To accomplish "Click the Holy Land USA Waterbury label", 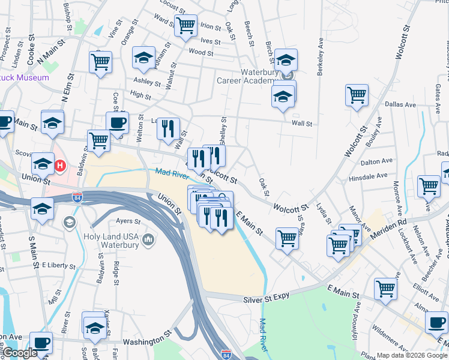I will point(110,241).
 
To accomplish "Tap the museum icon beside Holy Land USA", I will point(148,241).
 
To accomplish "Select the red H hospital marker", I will point(60,165).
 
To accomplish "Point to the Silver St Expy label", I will point(267,299).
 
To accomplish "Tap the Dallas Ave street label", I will point(400,104).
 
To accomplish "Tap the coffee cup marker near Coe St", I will point(117,122).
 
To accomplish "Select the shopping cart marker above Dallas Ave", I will point(357,94).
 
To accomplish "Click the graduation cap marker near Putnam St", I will point(143,58).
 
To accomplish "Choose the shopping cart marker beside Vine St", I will point(100,61).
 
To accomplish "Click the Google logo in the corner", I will point(19,353).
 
